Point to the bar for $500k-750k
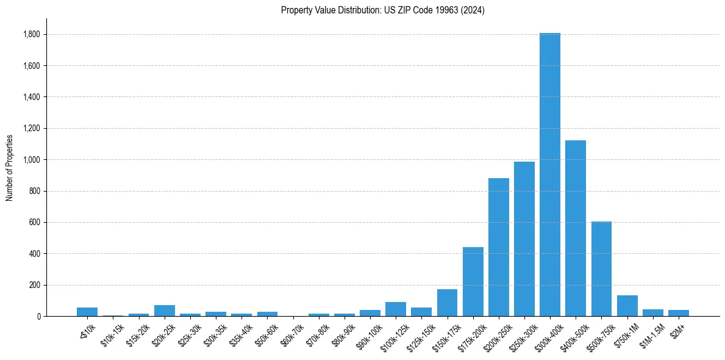(x=601, y=269)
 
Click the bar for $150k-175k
(x=447, y=303)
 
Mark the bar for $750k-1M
(x=627, y=306)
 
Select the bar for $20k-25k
(x=165, y=311)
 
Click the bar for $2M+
(x=679, y=313)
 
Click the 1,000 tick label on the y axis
(x=32, y=160)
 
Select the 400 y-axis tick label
(x=35, y=254)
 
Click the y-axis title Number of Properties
(x=10, y=167)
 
